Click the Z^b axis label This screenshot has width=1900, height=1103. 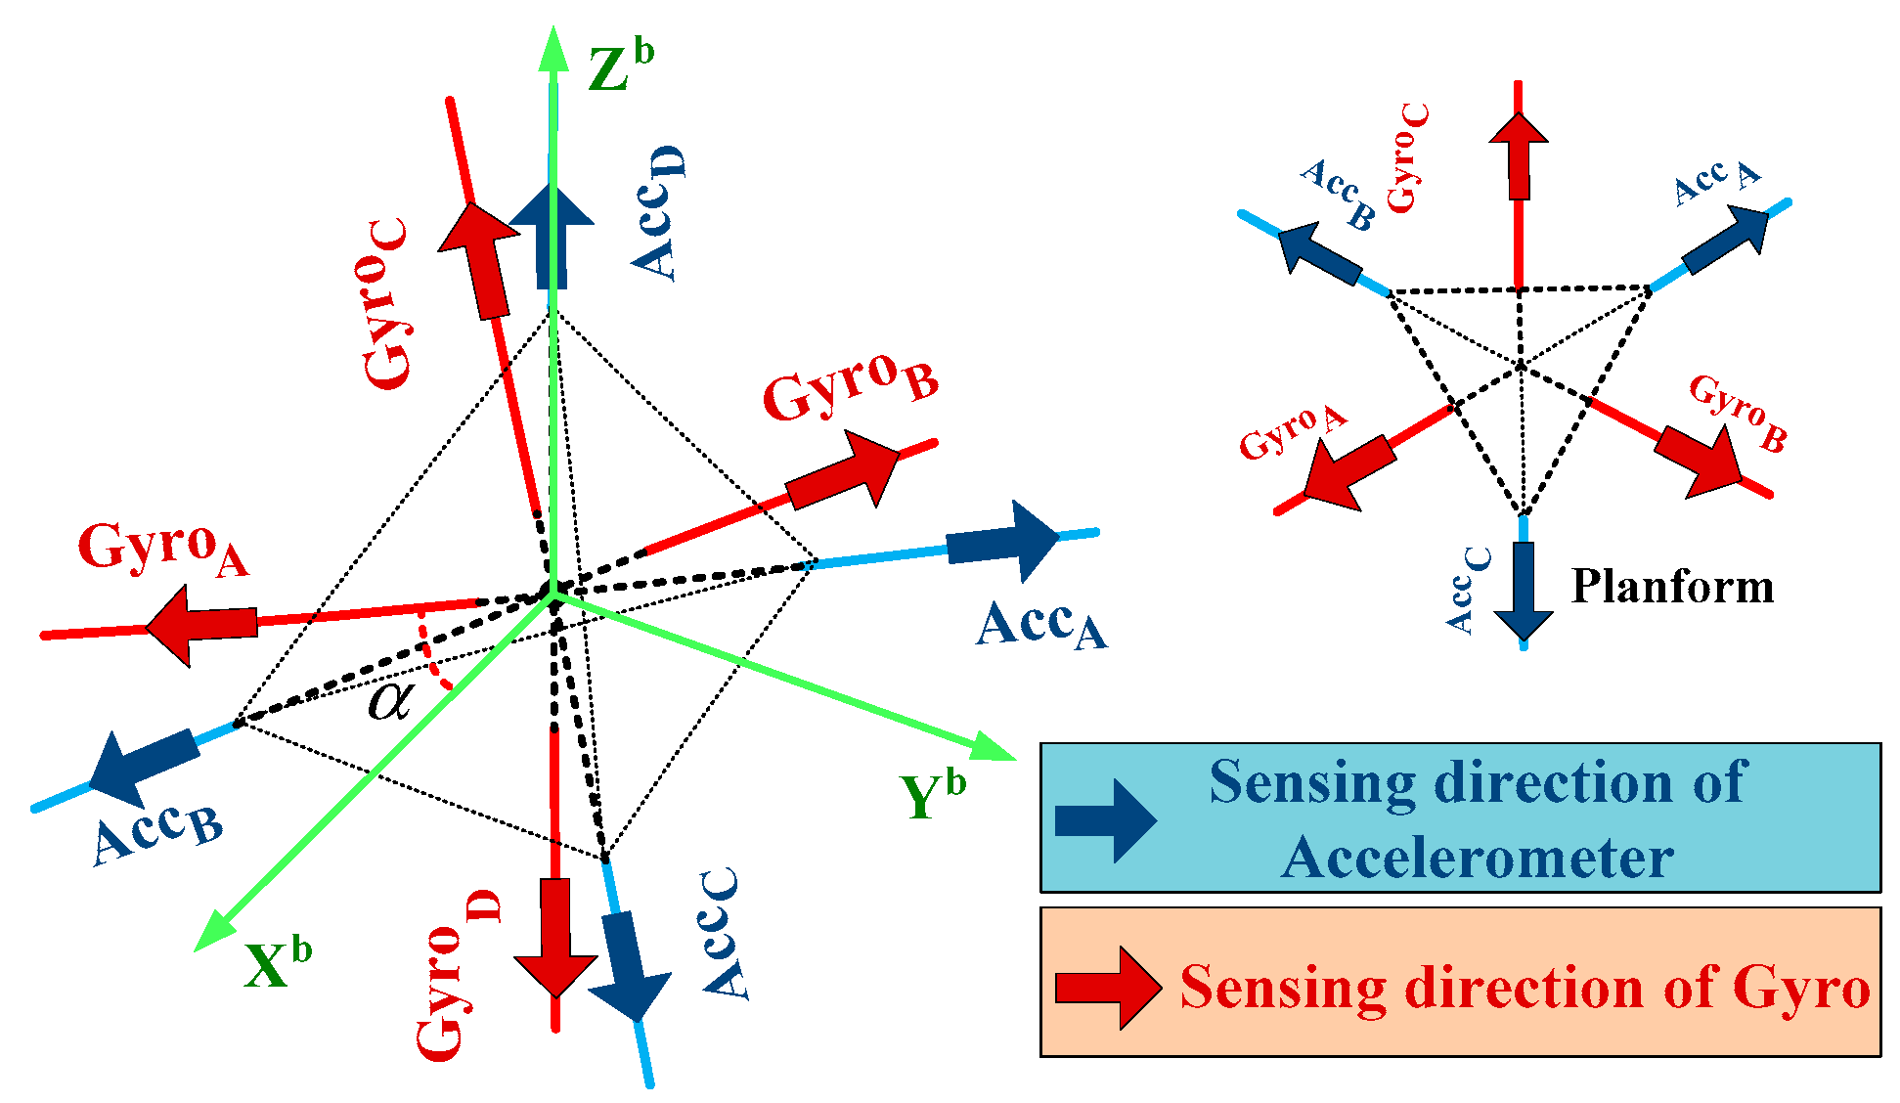[620, 66]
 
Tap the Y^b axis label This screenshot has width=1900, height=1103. [931, 794]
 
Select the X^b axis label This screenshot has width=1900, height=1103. [277, 964]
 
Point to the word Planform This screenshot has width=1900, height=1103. [1672, 587]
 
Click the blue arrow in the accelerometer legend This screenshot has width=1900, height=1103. [1105, 819]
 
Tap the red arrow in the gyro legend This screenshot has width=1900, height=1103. [1108, 988]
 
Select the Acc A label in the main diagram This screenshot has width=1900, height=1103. [1040, 626]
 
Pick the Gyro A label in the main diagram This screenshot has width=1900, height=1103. [162, 548]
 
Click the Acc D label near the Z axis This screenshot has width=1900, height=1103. [657, 213]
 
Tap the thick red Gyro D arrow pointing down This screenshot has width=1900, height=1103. [555, 934]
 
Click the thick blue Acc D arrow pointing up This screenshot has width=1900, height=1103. [551, 235]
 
